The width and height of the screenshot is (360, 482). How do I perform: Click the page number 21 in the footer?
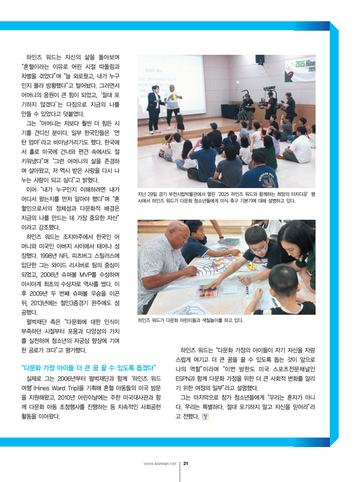pyautogui.click(x=186, y=464)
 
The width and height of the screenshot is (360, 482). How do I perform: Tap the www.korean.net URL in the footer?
pyautogui.click(x=159, y=464)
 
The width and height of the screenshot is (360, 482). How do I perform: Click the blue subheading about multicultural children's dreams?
pyautogui.click(x=89, y=368)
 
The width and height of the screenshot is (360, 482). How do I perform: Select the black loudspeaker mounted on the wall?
pyautogui.click(x=260, y=60)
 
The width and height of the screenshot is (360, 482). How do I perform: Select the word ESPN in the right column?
pyautogui.click(x=183, y=379)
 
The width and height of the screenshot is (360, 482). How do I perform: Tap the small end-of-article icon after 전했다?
pyautogui.click(x=205, y=416)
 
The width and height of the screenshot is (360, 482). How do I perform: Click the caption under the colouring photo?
pyautogui.click(x=190, y=320)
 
